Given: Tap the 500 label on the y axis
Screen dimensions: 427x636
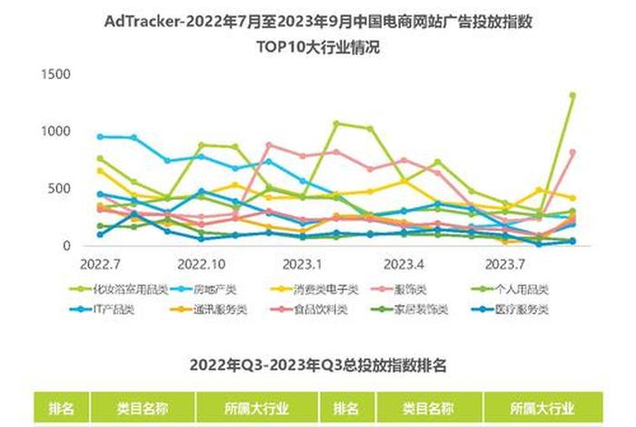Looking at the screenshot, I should click(x=59, y=188).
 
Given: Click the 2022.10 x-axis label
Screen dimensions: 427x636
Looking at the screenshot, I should click(x=201, y=265).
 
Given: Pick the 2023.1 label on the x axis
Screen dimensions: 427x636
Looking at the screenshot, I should click(x=303, y=265).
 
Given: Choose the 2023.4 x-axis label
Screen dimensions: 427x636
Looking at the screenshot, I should click(x=404, y=265).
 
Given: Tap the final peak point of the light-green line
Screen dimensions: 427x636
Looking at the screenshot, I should click(x=572, y=95).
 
